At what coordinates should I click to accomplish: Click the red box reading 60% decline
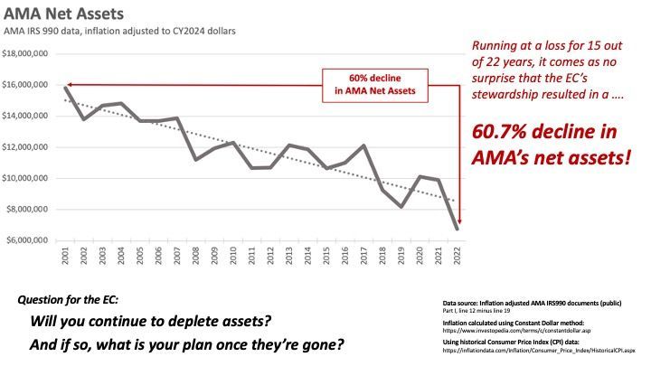tap(374, 83)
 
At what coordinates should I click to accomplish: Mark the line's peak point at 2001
tap(64, 87)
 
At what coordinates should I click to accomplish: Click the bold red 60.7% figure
tap(505, 132)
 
